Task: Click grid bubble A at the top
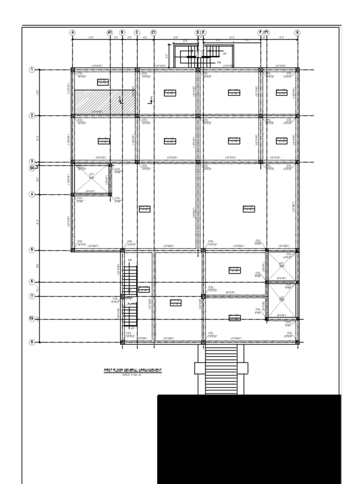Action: point(73,33)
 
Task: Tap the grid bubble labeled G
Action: point(297,33)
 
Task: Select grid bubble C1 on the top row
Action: point(154,33)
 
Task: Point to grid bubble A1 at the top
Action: point(110,33)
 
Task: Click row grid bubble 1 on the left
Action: point(32,70)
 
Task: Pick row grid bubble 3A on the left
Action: point(32,167)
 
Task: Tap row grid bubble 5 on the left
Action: point(32,250)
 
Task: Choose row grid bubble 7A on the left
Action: point(32,319)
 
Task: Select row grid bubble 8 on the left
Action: point(32,342)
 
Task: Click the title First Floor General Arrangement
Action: point(133,370)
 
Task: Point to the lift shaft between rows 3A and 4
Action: point(91,179)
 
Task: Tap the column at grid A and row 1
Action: point(73,70)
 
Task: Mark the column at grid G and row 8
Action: point(297,342)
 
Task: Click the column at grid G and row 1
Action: point(297,70)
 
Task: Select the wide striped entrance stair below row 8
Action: point(221,369)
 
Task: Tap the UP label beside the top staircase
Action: point(225,54)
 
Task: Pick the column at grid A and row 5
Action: point(73,250)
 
